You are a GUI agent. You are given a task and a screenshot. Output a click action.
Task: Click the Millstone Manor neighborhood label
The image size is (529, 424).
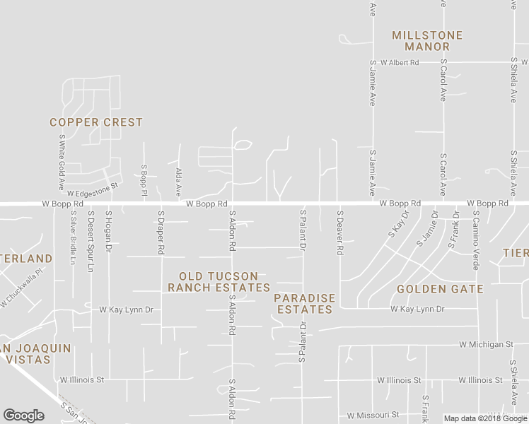tap(427, 41)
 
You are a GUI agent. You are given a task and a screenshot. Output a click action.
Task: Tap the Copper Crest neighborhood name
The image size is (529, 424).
tap(96, 122)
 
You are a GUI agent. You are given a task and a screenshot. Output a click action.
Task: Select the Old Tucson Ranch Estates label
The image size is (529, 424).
tap(219, 282)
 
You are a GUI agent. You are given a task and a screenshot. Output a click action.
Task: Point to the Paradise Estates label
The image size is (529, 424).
tap(305, 304)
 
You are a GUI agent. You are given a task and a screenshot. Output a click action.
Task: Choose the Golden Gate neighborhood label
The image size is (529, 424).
tap(440, 289)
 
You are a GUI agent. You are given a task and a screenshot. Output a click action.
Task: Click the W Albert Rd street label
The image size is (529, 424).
tap(399, 63)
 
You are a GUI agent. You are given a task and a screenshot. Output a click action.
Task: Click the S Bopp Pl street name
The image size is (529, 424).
tap(144, 180)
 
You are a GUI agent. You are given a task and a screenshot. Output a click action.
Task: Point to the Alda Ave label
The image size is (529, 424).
tap(179, 182)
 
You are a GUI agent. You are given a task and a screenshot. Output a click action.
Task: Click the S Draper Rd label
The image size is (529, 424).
tap(161, 232)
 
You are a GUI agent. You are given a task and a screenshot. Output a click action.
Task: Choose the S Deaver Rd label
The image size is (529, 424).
tap(340, 232)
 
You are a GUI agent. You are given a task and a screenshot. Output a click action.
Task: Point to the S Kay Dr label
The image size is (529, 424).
tap(399, 223)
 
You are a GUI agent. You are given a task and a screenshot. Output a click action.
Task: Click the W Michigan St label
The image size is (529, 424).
tap(485, 344)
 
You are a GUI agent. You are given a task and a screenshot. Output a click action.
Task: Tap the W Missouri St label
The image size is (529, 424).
tap(373, 415)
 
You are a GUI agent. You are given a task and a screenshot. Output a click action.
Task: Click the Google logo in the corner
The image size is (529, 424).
tap(23, 416)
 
